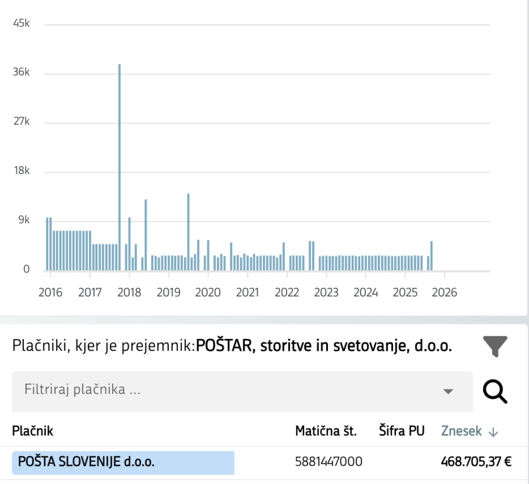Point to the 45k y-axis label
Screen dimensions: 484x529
(x=21, y=23)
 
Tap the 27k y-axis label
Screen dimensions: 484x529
(x=21, y=121)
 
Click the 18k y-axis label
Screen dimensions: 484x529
(x=21, y=170)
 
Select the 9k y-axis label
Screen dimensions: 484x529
(x=24, y=220)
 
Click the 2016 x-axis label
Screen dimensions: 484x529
(x=50, y=292)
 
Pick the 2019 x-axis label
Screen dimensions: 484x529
(x=168, y=292)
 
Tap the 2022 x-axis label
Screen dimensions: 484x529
(x=287, y=292)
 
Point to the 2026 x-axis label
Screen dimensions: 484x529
(x=444, y=292)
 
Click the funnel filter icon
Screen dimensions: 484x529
(x=495, y=346)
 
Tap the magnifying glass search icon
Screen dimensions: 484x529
(x=495, y=392)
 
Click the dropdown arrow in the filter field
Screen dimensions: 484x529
(x=448, y=391)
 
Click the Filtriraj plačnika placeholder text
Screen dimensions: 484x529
(x=82, y=389)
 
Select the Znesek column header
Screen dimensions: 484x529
(x=462, y=431)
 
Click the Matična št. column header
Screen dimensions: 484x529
(x=326, y=431)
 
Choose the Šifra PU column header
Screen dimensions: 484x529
(x=402, y=431)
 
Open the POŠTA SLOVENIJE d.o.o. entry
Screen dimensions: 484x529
(x=86, y=462)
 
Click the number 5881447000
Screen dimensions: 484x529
(x=328, y=462)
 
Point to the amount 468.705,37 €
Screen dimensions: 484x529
(x=476, y=462)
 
